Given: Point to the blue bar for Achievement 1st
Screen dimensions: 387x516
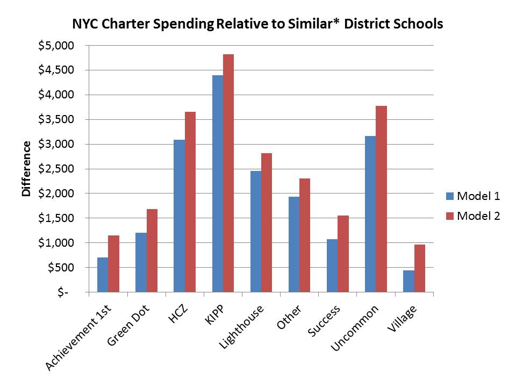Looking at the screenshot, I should (103, 275).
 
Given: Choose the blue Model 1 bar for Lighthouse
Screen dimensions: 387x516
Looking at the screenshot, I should (256, 232).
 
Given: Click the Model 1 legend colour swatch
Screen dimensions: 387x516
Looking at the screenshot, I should (449, 196).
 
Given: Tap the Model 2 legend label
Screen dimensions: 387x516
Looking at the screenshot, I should (478, 216).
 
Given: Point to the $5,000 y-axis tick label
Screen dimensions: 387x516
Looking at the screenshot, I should (55, 46).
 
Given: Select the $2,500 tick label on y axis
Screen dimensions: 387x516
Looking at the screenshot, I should (55, 169).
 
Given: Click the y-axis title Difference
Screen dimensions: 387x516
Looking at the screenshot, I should (26, 169).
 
